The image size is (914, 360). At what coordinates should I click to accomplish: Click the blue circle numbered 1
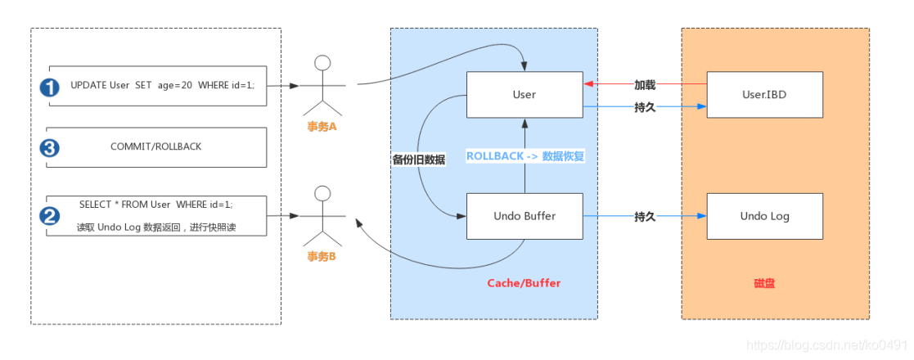[x=50, y=88]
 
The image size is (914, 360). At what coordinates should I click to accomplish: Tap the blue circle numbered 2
[x=50, y=216]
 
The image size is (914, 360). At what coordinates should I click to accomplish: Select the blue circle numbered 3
[x=50, y=148]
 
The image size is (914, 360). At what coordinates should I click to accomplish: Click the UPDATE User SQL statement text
[x=163, y=85]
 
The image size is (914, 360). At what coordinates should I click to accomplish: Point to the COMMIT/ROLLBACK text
[x=156, y=146]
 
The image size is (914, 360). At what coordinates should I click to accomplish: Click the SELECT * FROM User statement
[x=155, y=205]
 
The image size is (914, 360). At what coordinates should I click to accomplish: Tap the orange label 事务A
[x=320, y=127]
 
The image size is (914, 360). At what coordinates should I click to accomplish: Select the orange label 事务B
[x=320, y=256]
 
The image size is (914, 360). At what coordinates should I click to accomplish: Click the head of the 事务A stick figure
[x=322, y=63]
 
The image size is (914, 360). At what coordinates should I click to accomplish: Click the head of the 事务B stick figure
[x=322, y=193]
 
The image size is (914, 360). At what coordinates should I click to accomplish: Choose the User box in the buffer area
[x=525, y=95]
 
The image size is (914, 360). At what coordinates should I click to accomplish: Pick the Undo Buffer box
[x=525, y=216]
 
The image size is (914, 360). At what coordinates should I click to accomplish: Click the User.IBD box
[x=765, y=95]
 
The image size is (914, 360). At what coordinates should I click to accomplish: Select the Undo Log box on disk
[x=765, y=216]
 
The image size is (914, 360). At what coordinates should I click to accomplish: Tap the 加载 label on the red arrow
[x=646, y=85]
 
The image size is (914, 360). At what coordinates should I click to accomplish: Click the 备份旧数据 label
[x=419, y=160]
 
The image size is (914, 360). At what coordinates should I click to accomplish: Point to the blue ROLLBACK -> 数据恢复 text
[x=525, y=156]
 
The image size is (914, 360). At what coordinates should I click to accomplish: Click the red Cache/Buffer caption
[x=524, y=283]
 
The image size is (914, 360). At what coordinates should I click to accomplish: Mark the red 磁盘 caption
[x=764, y=283]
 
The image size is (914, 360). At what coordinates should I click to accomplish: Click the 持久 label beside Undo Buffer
[x=646, y=217]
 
